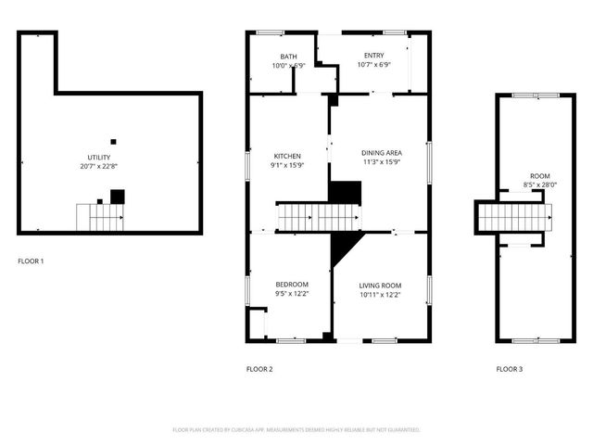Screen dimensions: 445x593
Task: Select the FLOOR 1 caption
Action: click(31, 261)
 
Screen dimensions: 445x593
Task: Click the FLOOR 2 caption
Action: click(259, 369)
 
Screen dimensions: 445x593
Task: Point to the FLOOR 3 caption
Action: click(509, 369)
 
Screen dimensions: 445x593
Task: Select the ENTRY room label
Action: click(373, 56)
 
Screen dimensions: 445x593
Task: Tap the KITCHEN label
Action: click(287, 156)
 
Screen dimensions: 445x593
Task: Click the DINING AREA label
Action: click(380, 152)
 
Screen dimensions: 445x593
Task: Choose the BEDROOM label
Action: click(292, 284)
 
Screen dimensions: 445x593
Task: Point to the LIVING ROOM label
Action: click(380, 285)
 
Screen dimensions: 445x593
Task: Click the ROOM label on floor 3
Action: click(538, 175)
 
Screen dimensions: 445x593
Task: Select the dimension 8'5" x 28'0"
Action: click(538, 184)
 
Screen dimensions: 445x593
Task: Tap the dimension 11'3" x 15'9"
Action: click(380, 161)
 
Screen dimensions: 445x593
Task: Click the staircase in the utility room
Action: click(99, 217)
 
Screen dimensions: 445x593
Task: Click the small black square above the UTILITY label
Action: click(113, 142)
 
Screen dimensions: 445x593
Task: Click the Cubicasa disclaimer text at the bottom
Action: click(296, 430)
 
